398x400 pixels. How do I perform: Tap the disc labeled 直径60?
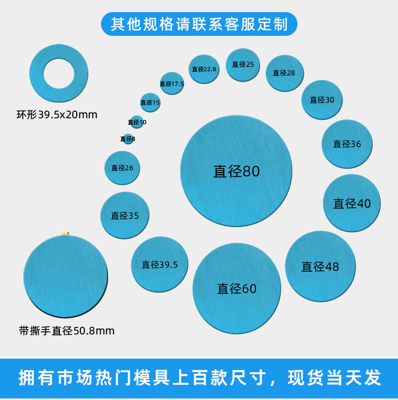236,288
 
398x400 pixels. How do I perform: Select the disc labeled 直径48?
320,266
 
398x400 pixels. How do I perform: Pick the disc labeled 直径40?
352,203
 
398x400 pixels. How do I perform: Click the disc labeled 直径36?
347,144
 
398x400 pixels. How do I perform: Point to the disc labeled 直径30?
322,100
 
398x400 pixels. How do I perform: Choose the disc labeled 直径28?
284,73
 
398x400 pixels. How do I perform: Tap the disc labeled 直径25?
243,65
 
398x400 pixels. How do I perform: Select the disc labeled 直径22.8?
204,69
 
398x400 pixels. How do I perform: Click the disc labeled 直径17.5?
172,83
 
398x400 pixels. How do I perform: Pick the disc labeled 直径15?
150,103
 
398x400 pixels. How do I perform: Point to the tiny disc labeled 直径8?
128,139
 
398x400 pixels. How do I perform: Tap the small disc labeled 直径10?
137,122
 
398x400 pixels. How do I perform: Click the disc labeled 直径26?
122,168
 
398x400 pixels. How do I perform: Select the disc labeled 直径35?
125,216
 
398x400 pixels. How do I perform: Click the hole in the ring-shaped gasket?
58,73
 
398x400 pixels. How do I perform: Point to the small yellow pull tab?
65,232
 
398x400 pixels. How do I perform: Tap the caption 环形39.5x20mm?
57,115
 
